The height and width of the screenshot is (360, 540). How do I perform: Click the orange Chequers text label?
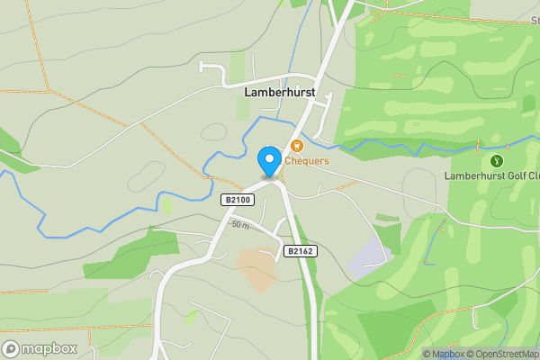click(307, 161)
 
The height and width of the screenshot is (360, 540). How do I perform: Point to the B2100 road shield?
click(236, 200)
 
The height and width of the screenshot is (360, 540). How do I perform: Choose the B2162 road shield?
click(300, 251)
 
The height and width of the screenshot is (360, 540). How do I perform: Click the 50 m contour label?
click(239, 224)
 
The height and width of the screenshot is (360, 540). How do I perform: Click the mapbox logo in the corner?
click(40, 349)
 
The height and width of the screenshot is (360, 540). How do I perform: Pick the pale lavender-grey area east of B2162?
click(370, 259)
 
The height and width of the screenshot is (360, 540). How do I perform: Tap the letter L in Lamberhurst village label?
click(247, 92)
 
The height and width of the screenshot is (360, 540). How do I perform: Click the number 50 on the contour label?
click(235, 223)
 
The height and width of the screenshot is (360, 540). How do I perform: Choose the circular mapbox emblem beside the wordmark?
click(11, 349)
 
